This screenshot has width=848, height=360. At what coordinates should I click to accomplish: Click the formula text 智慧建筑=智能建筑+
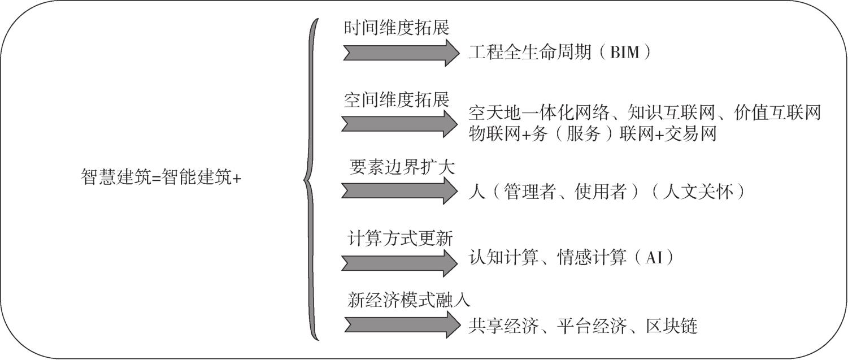coord(161,177)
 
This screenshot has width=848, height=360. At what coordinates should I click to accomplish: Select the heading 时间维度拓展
coord(397,28)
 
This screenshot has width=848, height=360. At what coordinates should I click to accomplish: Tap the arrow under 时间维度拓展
coord(401,53)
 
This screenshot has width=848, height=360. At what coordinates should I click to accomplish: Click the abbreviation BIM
coord(625,52)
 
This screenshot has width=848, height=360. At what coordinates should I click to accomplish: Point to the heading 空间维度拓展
coord(397,99)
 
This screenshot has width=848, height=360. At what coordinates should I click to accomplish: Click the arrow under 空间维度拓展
coord(400,124)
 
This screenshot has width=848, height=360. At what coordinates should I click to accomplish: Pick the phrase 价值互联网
coord(777,113)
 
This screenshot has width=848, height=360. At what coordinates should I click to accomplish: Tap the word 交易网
coord(690,134)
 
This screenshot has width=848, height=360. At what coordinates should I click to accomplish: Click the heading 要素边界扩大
coord(402,167)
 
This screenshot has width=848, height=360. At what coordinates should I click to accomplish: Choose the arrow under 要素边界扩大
coord(400,191)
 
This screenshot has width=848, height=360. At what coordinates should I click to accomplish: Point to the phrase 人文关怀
coord(698,192)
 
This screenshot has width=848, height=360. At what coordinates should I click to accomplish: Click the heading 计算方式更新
coord(400,238)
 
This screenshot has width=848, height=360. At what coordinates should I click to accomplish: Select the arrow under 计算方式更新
coord(400,263)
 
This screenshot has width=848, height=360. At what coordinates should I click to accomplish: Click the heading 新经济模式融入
coord(409,300)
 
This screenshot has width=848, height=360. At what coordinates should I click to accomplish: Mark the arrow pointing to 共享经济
coord(403,324)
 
